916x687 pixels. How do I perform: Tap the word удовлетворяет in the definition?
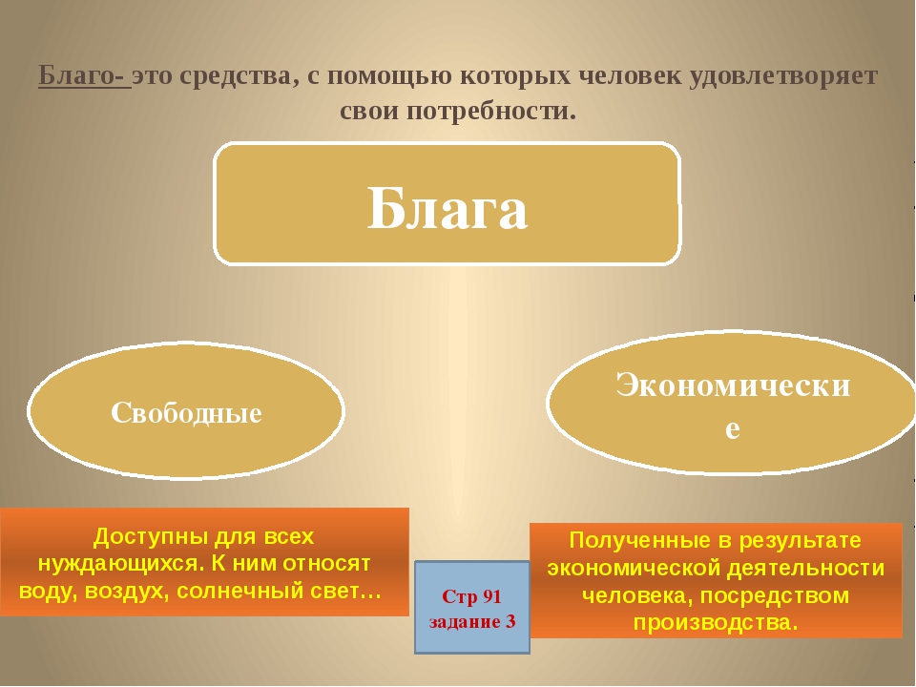[x=783, y=76]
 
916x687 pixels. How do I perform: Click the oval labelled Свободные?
[x=186, y=410]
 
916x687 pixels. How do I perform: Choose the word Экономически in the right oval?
[x=733, y=385]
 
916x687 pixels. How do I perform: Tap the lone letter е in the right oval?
[x=733, y=428]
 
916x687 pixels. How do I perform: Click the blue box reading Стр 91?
[x=472, y=608]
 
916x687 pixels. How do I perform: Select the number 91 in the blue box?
[x=489, y=596]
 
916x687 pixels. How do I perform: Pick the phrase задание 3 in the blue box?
[x=472, y=621]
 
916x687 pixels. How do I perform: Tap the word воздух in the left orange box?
[x=125, y=592]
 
